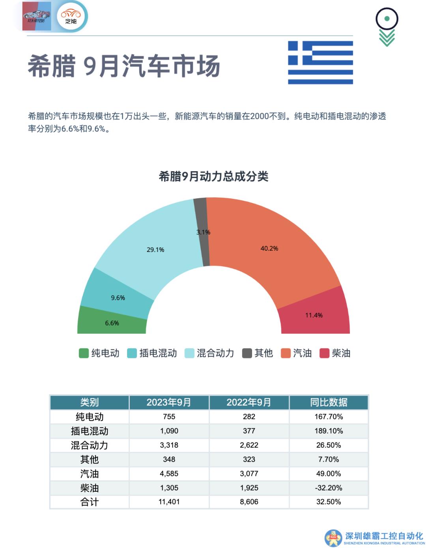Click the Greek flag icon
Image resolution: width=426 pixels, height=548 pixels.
tap(320, 62)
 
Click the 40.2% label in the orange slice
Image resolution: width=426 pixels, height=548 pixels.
tap(269, 248)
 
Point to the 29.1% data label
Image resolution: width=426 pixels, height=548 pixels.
tap(155, 250)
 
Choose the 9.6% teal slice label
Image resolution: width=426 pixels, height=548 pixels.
tap(118, 298)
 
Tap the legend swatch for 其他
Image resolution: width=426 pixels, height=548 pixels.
tap(247, 353)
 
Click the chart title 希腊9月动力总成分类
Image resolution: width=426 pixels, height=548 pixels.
tap(213, 176)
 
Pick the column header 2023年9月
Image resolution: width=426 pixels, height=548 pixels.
tap(169, 402)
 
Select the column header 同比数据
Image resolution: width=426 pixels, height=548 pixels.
tap(329, 402)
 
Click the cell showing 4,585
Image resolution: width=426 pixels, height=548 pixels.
tap(169, 474)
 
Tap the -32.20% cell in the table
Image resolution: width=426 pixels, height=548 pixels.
tap(329, 488)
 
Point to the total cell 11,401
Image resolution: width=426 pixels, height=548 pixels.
tap(169, 502)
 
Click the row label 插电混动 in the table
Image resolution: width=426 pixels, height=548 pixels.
tap(90, 431)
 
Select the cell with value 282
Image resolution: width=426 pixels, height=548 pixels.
tap(249, 417)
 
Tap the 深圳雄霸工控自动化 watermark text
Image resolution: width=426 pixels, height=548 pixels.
tap(384, 536)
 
